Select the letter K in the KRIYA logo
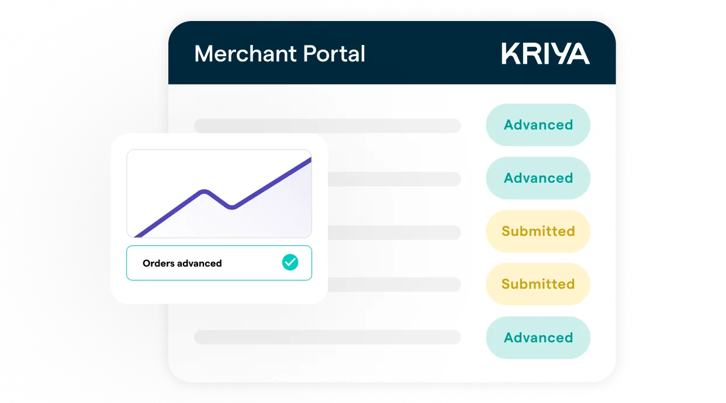(510, 54)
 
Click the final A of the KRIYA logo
(578, 54)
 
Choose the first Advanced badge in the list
(538, 125)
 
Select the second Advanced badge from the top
(538, 178)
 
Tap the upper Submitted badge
(538, 231)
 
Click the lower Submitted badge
(538, 284)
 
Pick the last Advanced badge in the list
(538, 338)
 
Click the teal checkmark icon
(290, 263)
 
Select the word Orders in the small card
(158, 263)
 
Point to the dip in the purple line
(232, 207)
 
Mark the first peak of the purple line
(204, 191)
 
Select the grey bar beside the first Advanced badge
(327, 126)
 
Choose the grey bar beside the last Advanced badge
(327, 337)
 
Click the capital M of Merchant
(203, 54)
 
